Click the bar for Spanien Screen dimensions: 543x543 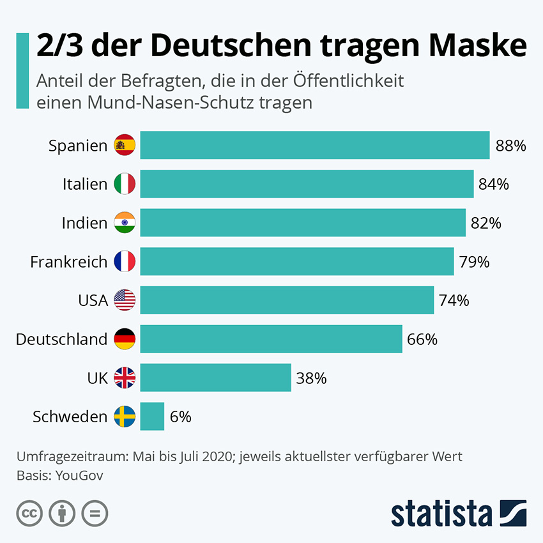[x=314, y=145]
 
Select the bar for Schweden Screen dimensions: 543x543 [x=152, y=417]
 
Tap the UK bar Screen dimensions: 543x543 [x=215, y=378]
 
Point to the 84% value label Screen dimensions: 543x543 [x=493, y=184]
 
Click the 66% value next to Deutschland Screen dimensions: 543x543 [x=422, y=339]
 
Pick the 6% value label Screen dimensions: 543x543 [x=181, y=417]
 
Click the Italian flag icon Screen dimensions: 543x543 [x=125, y=184]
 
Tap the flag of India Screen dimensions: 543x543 [x=125, y=223]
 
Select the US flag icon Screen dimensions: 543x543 [x=125, y=300]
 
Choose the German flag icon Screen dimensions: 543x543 [x=125, y=339]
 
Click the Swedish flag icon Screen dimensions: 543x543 [x=125, y=417]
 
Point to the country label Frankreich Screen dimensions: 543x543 [x=68, y=262]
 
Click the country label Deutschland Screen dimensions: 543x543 [x=61, y=339]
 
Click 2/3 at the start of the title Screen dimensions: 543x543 [x=59, y=46]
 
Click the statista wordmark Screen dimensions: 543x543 [x=441, y=514]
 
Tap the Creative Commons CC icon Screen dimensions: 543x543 [x=29, y=512]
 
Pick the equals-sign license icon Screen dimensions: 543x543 [x=95, y=512]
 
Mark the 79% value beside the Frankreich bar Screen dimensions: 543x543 [x=474, y=262]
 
